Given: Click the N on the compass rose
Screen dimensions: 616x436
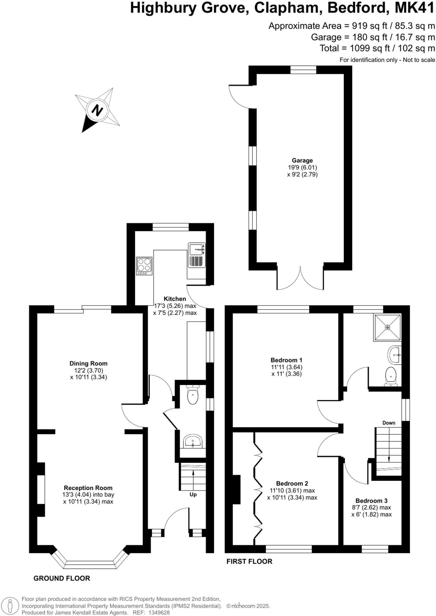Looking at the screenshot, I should (97, 110).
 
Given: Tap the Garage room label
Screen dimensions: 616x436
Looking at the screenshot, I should (302, 161).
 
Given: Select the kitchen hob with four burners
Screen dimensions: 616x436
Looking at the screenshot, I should (144, 266).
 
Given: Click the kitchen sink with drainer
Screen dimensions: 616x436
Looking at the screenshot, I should (197, 255).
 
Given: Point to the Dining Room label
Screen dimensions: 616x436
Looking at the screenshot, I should (88, 363).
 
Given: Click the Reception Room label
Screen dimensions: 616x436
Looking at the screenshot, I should (88, 488).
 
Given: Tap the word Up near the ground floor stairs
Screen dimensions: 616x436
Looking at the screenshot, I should (193, 494).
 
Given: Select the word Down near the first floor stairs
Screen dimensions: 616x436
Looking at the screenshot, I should (389, 423).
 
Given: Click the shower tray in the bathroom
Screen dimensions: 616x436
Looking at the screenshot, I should (387, 328).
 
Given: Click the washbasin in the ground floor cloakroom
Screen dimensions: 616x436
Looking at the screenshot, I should (193, 442).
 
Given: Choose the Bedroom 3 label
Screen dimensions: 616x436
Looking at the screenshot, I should (371, 500).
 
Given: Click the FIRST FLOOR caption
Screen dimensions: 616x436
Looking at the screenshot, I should (249, 561).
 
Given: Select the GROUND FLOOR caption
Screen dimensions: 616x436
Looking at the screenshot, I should (62, 578).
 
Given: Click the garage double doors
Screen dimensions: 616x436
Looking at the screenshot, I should (300, 278).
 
